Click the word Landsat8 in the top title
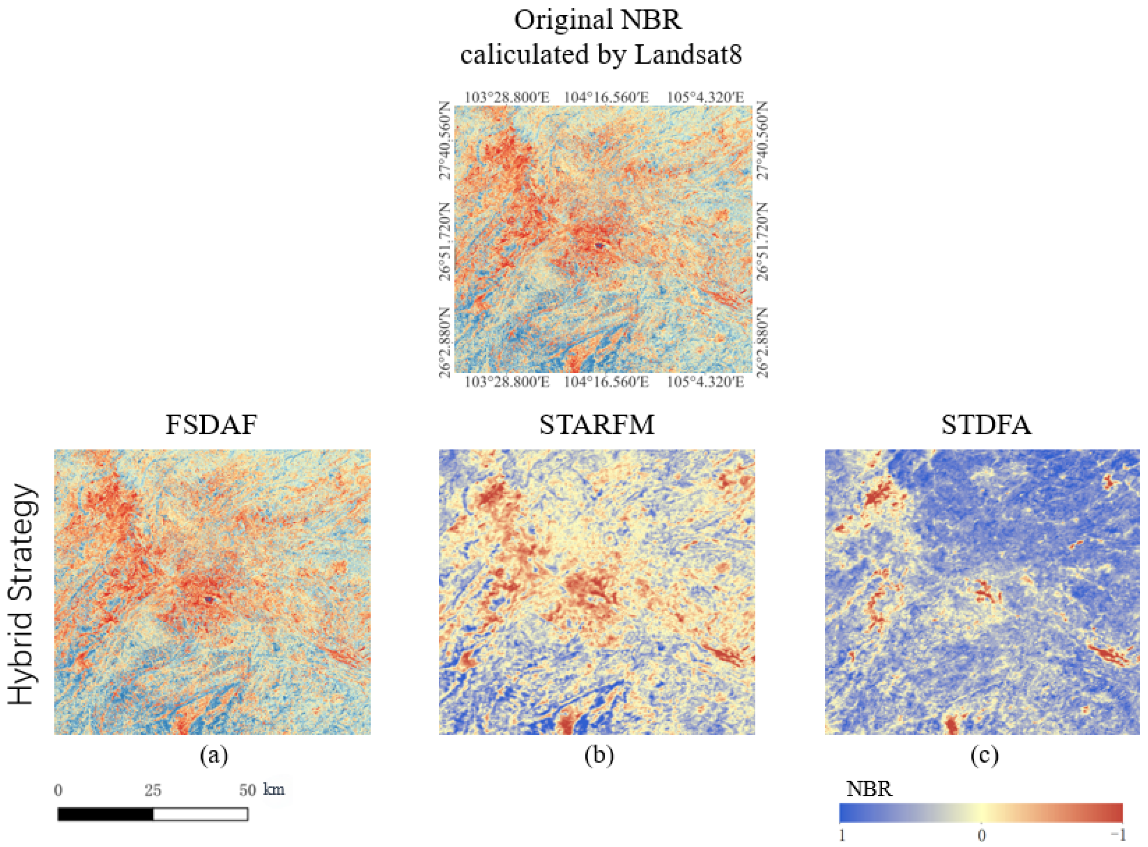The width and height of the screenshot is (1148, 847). (x=688, y=54)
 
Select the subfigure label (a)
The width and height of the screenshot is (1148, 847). (x=213, y=756)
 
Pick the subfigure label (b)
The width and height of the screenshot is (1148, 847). (x=599, y=756)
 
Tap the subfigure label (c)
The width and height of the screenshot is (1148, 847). (x=984, y=756)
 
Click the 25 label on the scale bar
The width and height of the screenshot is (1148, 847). (x=153, y=790)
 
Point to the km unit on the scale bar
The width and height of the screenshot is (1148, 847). (x=274, y=789)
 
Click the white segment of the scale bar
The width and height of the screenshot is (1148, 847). (x=201, y=814)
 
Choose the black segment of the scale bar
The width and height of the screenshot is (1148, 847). (x=106, y=814)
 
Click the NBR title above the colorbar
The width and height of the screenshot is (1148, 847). (x=870, y=788)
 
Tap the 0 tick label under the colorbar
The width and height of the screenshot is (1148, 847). (x=981, y=836)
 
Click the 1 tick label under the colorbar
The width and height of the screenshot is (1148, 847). (x=842, y=836)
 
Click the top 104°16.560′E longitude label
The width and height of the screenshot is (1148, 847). (x=606, y=97)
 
